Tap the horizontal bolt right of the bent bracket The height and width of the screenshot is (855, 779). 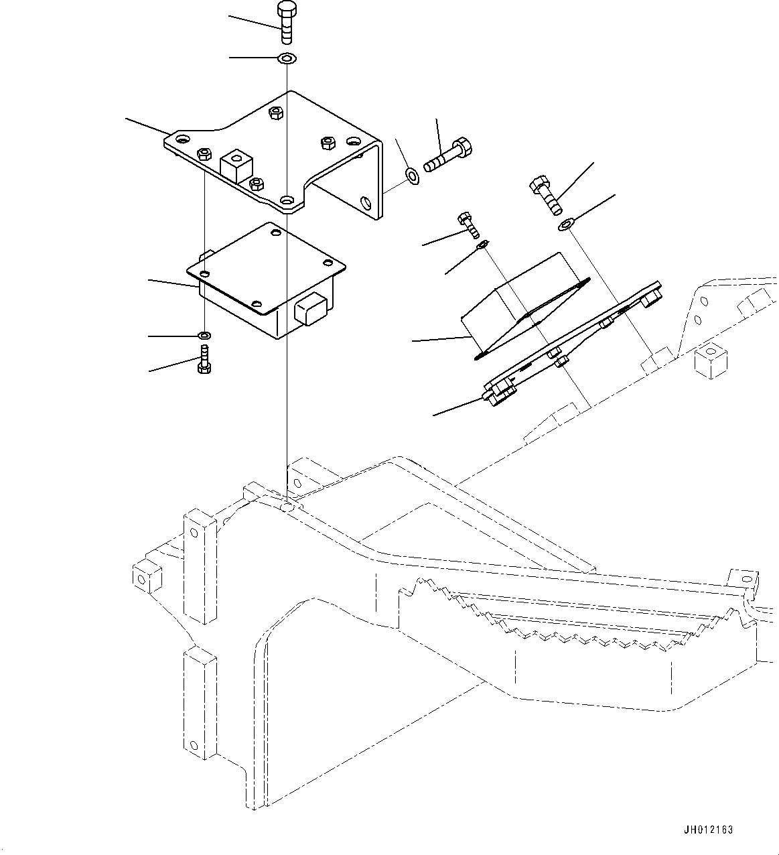pyautogui.click(x=449, y=155)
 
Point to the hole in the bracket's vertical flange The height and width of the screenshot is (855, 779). pyautogui.click(x=364, y=202)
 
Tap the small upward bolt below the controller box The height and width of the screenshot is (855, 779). pyautogui.click(x=204, y=359)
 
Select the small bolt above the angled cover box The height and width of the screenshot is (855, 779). pyautogui.click(x=468, y=224)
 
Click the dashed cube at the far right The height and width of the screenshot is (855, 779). pyautogui.click(x=711, y=361)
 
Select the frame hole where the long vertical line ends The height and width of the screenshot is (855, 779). pyautogui.click(x=287, y=507)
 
